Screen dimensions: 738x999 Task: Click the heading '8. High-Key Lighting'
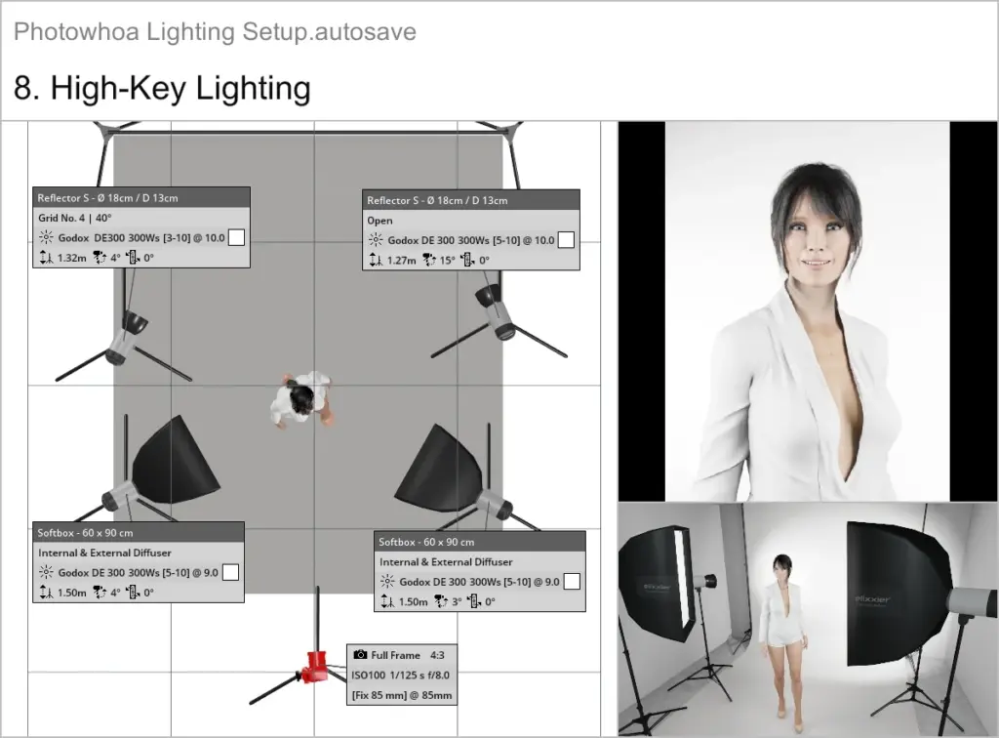(162, 88)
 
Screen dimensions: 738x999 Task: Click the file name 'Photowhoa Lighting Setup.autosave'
(215, 31)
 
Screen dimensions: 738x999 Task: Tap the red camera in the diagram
(316, 666)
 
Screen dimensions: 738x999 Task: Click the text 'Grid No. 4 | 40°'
(76, 218)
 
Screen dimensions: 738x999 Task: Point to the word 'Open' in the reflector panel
(380, 221)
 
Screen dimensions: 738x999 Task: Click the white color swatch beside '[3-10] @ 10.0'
(235, 238)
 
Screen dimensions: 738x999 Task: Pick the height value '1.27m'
(400, 261)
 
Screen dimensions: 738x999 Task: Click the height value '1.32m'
(70, 259)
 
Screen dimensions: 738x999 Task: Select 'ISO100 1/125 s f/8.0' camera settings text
(400, 675)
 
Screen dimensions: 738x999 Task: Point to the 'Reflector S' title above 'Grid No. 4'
(107, 197)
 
